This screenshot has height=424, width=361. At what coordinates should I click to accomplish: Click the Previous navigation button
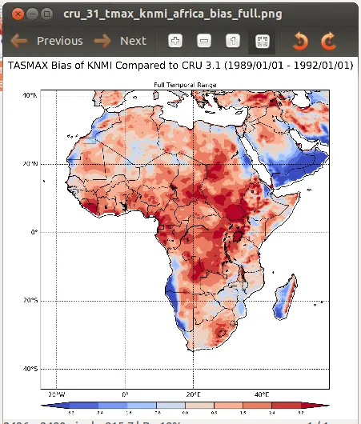pyautogui.click(x=47, y=41)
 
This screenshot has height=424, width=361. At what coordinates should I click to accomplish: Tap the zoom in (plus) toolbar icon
pyautogui.click(x=175, y=41)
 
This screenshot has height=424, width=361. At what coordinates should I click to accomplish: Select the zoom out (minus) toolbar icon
pyautogui.click(x=204, y=41)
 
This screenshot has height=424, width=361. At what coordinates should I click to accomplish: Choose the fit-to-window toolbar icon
pyautogui.click(x=261, y=41)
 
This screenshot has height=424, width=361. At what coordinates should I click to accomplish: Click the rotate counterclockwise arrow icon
pyautogui.click(x=300, y=41)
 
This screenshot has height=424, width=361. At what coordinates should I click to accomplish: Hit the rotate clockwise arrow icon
pyautogui.click(x=327, y=41)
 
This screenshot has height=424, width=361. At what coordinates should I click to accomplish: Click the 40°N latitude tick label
pyautogui.click(x=30, y=95)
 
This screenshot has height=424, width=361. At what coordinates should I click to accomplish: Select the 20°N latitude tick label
pyautogui.click(x=30, y=163)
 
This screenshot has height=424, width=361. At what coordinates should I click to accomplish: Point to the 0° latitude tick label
pyautogui.click(x=33, y=232)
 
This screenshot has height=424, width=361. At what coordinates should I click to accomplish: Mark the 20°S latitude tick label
pyautogui.click(x=30, y=301)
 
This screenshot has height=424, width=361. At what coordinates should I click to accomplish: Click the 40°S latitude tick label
pyautogui.click(x=30, y=369)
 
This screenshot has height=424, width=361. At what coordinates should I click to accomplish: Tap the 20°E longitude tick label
pyautogui.click(x=193, y=395)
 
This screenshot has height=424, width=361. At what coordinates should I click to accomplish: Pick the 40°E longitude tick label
pyautogui.click(x=261, y=395)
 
